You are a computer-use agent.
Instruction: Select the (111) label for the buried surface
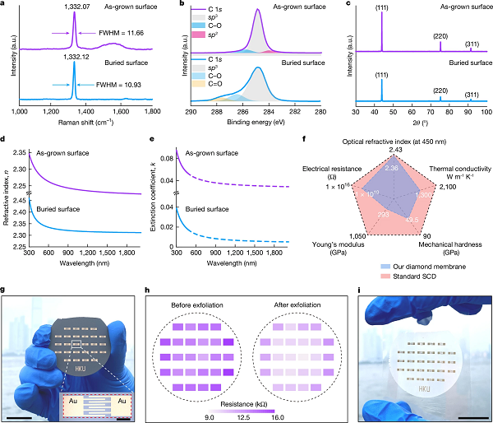pos(381,77)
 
